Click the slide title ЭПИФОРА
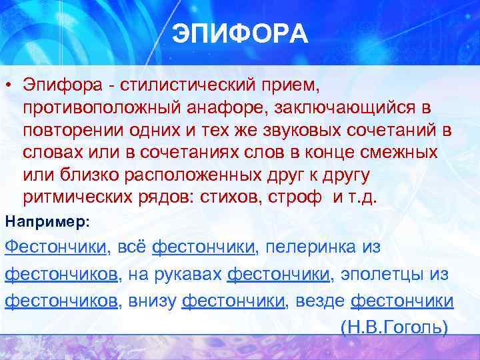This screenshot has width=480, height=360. pyautogui.click(x=240, y=33)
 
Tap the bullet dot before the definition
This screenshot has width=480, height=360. pyautogui.click(x=9, y=86)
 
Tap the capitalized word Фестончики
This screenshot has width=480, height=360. pyautogui.click(x=55, y=247)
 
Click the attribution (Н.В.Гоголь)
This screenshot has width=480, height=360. pyautogui.click(x=393, y=327)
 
